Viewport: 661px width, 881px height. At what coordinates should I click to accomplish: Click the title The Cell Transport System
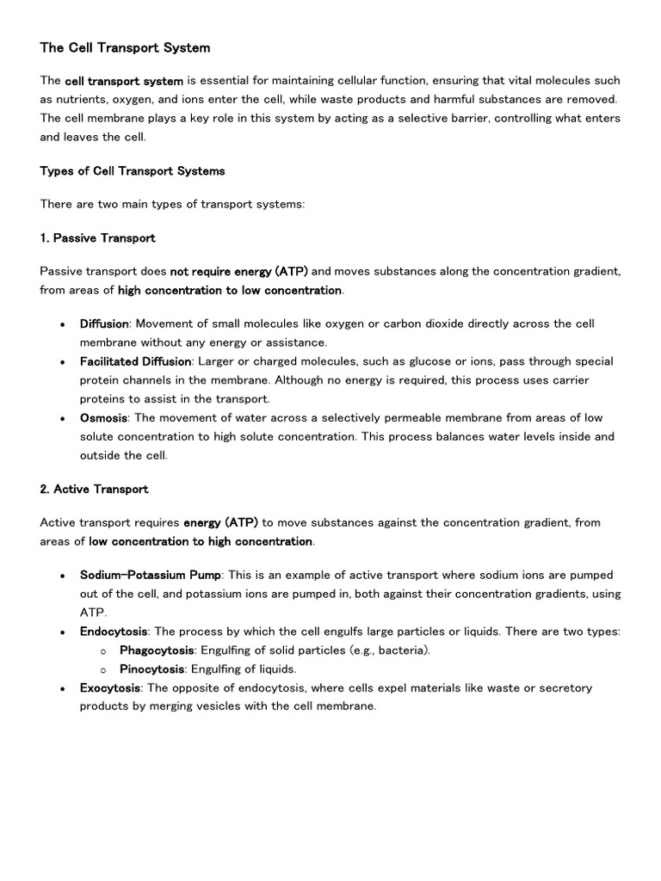pyautogui.click(x=125, y=48)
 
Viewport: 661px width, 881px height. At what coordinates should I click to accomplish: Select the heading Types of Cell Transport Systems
pyautogui.click(x=133, y=170)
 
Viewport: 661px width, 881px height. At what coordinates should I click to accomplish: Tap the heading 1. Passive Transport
pyautogui.click(x=97, y=237)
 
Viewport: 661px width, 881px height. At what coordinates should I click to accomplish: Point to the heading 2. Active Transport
pyautogui.click(x=94, y=489)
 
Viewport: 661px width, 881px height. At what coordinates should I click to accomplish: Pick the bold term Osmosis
pyautogui.click(x=103, y=417)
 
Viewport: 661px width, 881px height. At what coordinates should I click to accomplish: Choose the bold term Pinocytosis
pyautogui.click(x=151, y=669)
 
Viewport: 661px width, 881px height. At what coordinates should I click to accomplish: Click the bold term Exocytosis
pyautogui.click(x=110, y=688)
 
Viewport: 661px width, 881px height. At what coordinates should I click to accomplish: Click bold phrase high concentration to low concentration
pyautogui.click(x=230, y=290)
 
